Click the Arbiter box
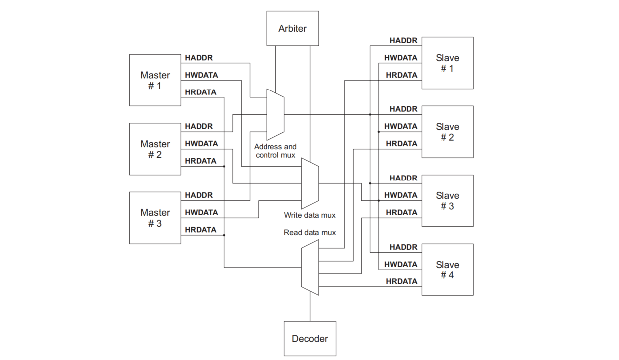pyautogui.click(x=292, y=28)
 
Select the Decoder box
pyautogui.click(x=310, y=338)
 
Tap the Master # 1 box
pyautogui.click(x=155, y=80)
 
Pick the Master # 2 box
pyautogui.click(x=155, y=149)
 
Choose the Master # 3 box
pyautogui.click(x=155, y=218)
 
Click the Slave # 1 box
pyautogui.click(x=447, y=63)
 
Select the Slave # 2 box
pyautogui.click(x=447, y=132)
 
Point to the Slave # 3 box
pyautogui.click(x=447, y=200)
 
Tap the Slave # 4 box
pyautogui.click(x=447, y=270)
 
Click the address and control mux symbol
pyautogui.click(x=275, y=114)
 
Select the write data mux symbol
pyautogui.click(x=310, y=183)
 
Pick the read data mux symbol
pyautogui.click(x=310, y=267)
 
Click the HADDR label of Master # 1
pyautogui.click(x=199, y=58)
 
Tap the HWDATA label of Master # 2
pyautogui.click(x=201, y=144)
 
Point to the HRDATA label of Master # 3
pyautogui.click(x=201, y=230)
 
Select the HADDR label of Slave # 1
pyautogui.click(x=403, y=40)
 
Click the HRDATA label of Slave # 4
pyautogui.click(x=401, y=281)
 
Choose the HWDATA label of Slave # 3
pyautogui.click(x=400, y=195)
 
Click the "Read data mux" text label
pyautogui.click(x=310, y=232)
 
